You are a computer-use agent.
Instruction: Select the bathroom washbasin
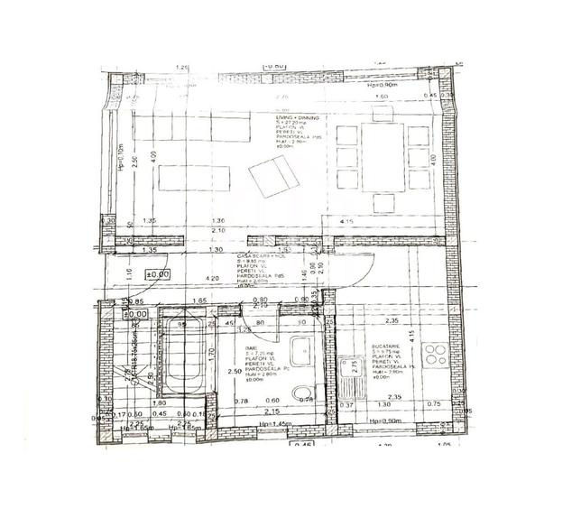pos(303,348)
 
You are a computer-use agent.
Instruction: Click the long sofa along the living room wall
pos(189,128)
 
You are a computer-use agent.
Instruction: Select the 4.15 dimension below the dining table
pos(371,222)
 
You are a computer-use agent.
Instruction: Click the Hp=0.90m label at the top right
pos(383,85)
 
